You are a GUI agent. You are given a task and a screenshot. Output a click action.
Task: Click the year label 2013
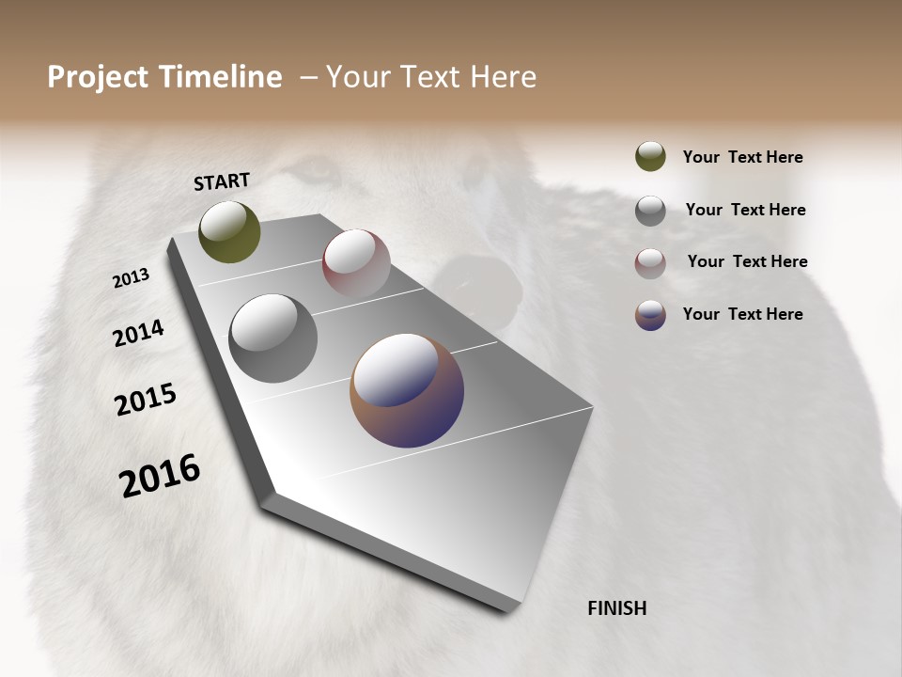(131, 278)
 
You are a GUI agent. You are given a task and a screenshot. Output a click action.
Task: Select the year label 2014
(138, 333)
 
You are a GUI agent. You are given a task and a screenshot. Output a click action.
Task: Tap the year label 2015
(146, 400)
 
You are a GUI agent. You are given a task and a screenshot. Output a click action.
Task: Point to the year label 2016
(160, 475)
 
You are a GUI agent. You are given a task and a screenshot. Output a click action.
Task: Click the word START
(222, 181)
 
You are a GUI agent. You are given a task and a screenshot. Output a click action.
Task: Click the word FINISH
(616, 608)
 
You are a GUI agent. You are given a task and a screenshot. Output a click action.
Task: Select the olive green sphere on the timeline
(230, 232)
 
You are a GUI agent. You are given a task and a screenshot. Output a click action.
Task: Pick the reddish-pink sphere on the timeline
(356, 263)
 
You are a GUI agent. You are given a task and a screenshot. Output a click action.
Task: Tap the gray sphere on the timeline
(273, 338)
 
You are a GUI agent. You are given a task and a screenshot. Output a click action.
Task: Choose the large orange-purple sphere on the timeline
(407, 390)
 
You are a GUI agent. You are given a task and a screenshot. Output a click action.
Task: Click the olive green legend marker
(650, 157)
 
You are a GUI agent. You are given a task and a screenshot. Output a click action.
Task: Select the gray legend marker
(650, 210)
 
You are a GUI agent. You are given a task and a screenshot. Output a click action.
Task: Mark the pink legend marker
(650, 262)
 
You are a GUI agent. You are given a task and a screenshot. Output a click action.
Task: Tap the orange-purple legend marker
(650, 314)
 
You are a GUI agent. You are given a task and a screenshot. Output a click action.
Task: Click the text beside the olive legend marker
(742, 157)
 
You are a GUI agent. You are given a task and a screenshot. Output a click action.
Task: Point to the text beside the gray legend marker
(745, 210)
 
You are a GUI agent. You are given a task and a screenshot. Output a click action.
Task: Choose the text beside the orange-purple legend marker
(742, 314)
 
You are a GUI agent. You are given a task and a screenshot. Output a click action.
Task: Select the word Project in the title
(99, 77)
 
